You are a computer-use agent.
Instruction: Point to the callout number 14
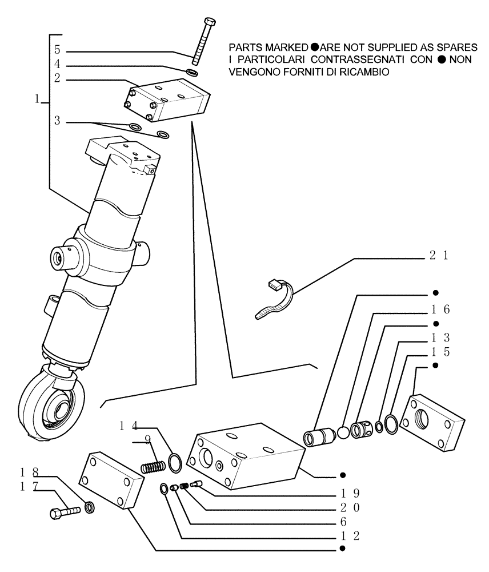click(x=129, y=426)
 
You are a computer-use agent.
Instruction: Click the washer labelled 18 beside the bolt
click(x=90, y=507)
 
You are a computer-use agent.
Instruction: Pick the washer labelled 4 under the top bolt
click(x=193, y=73)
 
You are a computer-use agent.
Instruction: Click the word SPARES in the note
click(x=459, y=47)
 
